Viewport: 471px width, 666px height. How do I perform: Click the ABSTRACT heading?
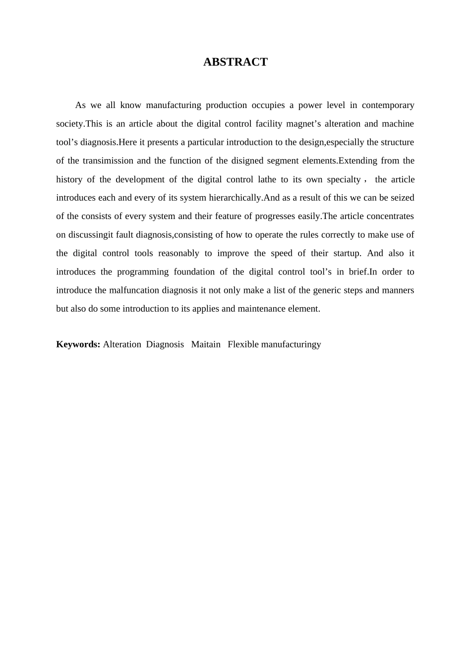click(x=235, y=62)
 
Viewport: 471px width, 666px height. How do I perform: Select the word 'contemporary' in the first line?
click(x=388, y=105)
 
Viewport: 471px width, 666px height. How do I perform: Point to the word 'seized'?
click(x=402, y=198)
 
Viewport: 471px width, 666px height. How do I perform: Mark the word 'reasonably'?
click(x=178, y=253)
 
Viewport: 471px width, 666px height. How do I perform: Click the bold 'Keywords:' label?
click(x=78, y=344)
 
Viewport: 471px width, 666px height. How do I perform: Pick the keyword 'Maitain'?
click(x=206, y=344)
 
